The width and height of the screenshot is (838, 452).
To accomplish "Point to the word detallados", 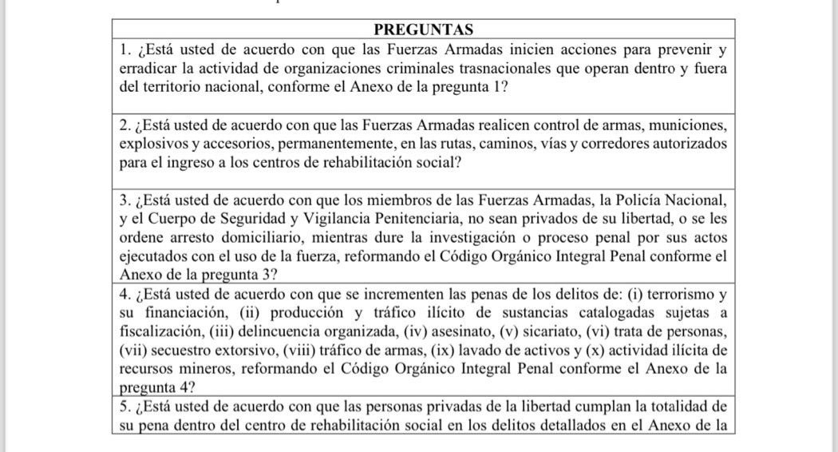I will point(574,424).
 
